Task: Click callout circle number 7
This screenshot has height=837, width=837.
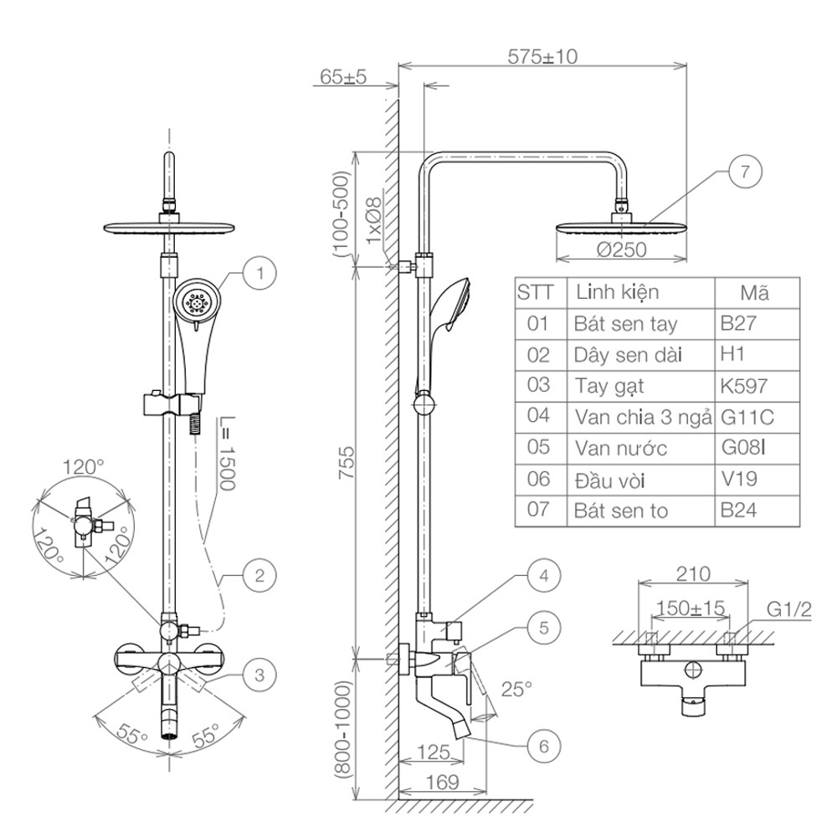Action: [x=745, y=172]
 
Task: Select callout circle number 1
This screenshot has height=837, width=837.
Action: [x=260, y=274]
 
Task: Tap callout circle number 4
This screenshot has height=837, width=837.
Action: [x=543, y=576]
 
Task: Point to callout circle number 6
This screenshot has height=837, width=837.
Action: [x=543, y=746]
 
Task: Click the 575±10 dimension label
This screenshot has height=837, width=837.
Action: [x=542, y=57]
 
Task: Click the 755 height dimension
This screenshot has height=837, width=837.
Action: [x=347, y=463]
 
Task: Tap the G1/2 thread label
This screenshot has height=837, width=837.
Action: [x=789, y=609]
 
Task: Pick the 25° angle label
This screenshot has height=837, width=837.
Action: [x=516, y=689]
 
